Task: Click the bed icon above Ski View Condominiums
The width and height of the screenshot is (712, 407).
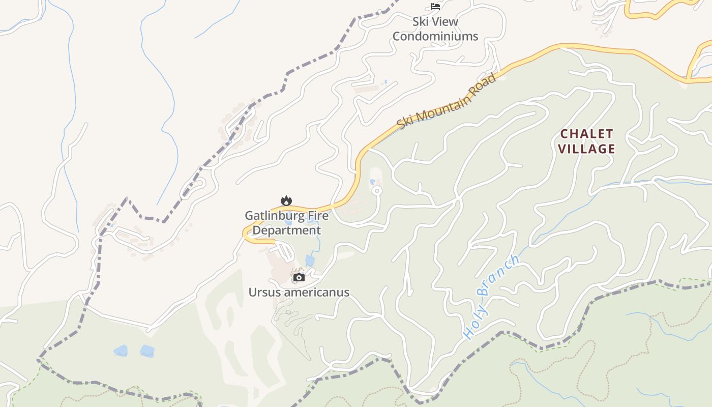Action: click(435, 7)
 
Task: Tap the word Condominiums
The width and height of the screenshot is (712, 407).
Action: click(435, 36)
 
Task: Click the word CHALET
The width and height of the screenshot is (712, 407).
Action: click(587, 134)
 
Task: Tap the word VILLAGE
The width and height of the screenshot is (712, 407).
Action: click(587, 149)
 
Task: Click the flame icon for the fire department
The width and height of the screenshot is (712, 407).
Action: click(286, 200)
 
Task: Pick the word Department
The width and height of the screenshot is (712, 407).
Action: click(287, 230)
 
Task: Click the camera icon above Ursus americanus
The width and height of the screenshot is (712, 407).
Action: click(299, 277)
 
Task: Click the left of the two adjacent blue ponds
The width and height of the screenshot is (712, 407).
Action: click(121, 351)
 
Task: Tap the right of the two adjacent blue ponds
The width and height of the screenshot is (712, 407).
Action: click(147, 351)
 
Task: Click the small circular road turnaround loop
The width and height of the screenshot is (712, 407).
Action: click(377, 190)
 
